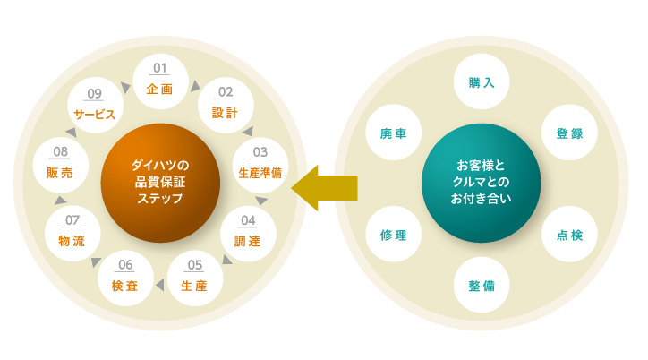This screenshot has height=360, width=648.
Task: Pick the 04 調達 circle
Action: (x=248, y=233)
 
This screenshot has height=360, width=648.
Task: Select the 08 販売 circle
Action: (x=60, y=165)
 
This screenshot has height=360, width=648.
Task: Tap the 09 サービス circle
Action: (x=96, y=104)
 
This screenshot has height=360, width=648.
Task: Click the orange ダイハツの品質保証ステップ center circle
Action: (x=160, y=183)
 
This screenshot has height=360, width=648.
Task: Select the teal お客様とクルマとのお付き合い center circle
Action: (x=481, y=183)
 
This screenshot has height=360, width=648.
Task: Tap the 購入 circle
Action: (x=481, y=82)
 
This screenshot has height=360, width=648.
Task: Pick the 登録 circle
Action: (x=569, y=133)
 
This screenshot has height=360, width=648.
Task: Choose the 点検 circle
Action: (x=569, y=235)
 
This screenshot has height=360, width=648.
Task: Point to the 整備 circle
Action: (x=481, y=286)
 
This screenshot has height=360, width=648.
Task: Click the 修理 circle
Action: (x=393, y=235)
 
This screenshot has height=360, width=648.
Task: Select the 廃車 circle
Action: (x=393, y=133)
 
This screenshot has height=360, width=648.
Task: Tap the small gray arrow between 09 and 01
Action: (x=125, y=88)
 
